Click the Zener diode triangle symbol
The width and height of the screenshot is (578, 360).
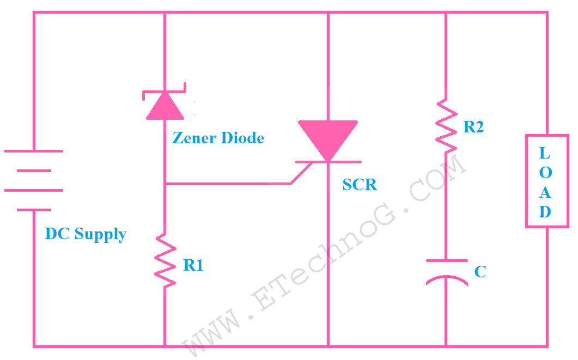pos(165,106)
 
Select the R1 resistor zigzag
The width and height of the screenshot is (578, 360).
pos(165,260)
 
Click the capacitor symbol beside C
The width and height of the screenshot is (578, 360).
pos(446,271)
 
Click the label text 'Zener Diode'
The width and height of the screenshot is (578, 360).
pos(218,138)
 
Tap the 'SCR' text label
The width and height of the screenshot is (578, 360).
pos(360,185)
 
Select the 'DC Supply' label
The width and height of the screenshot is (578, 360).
pos(86,234)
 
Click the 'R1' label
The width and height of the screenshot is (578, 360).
pos(193,265)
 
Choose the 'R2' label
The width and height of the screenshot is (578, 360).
pos(473,127)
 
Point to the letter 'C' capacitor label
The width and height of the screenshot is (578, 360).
pos(480,271)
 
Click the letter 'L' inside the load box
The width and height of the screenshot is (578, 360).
pos(545,153)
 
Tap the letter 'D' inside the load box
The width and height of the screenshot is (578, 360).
pos(545,212)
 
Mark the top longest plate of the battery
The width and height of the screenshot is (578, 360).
pos(34,151)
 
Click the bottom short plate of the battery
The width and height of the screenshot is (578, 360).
pos(34,210)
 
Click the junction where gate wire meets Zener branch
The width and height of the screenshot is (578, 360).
pos(165,184)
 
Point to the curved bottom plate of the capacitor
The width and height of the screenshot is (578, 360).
pos(446,280)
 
